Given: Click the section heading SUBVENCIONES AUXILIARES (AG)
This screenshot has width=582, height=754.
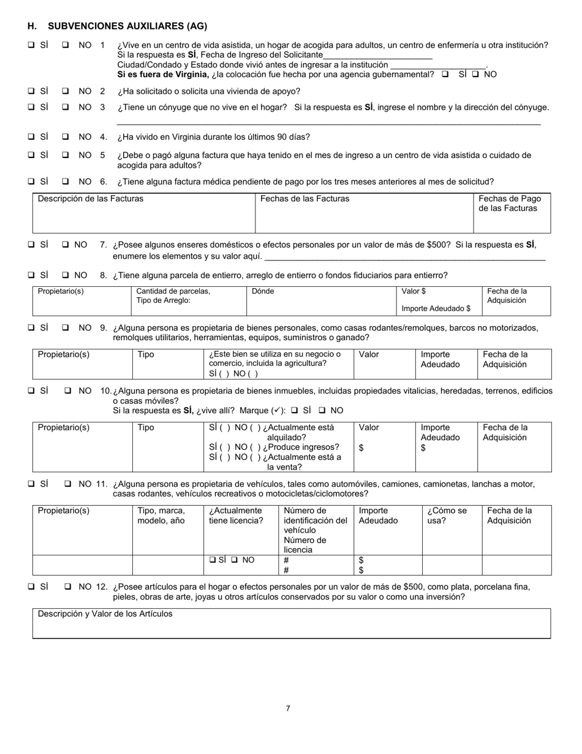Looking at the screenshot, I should (127, 26).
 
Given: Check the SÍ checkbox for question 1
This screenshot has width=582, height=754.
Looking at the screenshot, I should (31, 45).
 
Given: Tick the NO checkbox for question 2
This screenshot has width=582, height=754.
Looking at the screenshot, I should (66, 91).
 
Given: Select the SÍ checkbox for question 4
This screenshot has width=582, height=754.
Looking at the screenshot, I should (31, 137).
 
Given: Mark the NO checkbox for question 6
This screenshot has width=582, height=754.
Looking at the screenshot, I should (66, 181).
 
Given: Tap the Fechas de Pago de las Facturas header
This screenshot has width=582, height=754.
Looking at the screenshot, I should (510, 204).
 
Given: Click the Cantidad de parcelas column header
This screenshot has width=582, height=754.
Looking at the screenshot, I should (173, 291).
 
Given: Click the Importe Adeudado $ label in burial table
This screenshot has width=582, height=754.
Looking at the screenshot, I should (436, 308).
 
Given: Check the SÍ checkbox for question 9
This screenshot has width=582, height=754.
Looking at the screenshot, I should (31, 328).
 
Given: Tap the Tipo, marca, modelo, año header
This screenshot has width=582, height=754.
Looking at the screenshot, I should (162, 516).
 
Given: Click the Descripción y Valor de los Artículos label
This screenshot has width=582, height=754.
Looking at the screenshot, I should (105, 614).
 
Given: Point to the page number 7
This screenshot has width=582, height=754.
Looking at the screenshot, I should (288, 709).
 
